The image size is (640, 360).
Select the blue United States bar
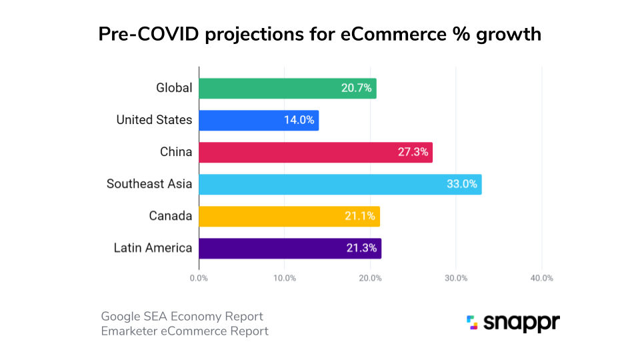coord(259,121)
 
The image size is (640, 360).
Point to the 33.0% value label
coord(461,184)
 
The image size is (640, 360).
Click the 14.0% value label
coord(299,121)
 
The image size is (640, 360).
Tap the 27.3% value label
coord(413,152)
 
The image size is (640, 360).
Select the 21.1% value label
coord(361,216)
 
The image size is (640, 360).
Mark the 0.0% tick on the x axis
coord(199,278)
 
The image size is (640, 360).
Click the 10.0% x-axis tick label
coord(285,278)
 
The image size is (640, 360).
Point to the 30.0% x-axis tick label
coord(456,278)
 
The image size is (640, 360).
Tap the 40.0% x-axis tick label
coord(541,278)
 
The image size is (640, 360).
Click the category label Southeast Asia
coord(149,184)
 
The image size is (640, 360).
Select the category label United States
coord(154,121)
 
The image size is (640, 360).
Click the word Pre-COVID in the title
coord(149,35)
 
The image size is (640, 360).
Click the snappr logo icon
coord(472,323)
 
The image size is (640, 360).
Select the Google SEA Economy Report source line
coord(182,316)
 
